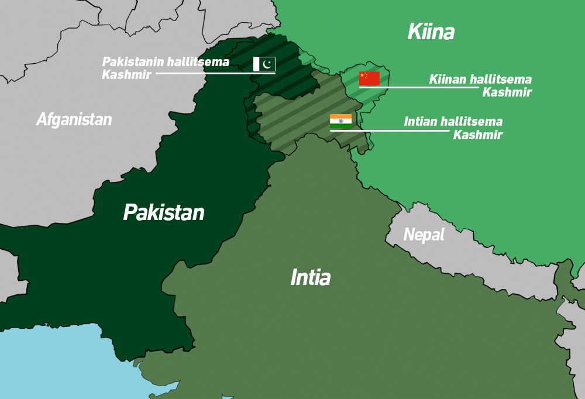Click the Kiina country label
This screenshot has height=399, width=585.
coord(431,32)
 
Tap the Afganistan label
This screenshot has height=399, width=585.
coord(74,120)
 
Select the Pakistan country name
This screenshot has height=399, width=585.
coord(163,212)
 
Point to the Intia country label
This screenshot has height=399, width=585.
coord(310,277)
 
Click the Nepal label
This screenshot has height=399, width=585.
coord(424,235)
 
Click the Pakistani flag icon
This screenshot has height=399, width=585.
coord(264,64)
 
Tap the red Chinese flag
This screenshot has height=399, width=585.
coord(369,78)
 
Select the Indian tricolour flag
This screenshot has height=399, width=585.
coord(340,121)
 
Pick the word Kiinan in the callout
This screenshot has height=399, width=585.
coord(448,80)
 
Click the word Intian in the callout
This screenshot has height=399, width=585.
coord(421,122)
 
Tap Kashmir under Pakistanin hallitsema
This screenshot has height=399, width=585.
coord(126,75)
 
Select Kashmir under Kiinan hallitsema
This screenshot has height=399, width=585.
coord(507,92)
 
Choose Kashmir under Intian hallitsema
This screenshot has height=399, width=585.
coord(477,135)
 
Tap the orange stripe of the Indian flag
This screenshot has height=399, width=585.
coord(340,117)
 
